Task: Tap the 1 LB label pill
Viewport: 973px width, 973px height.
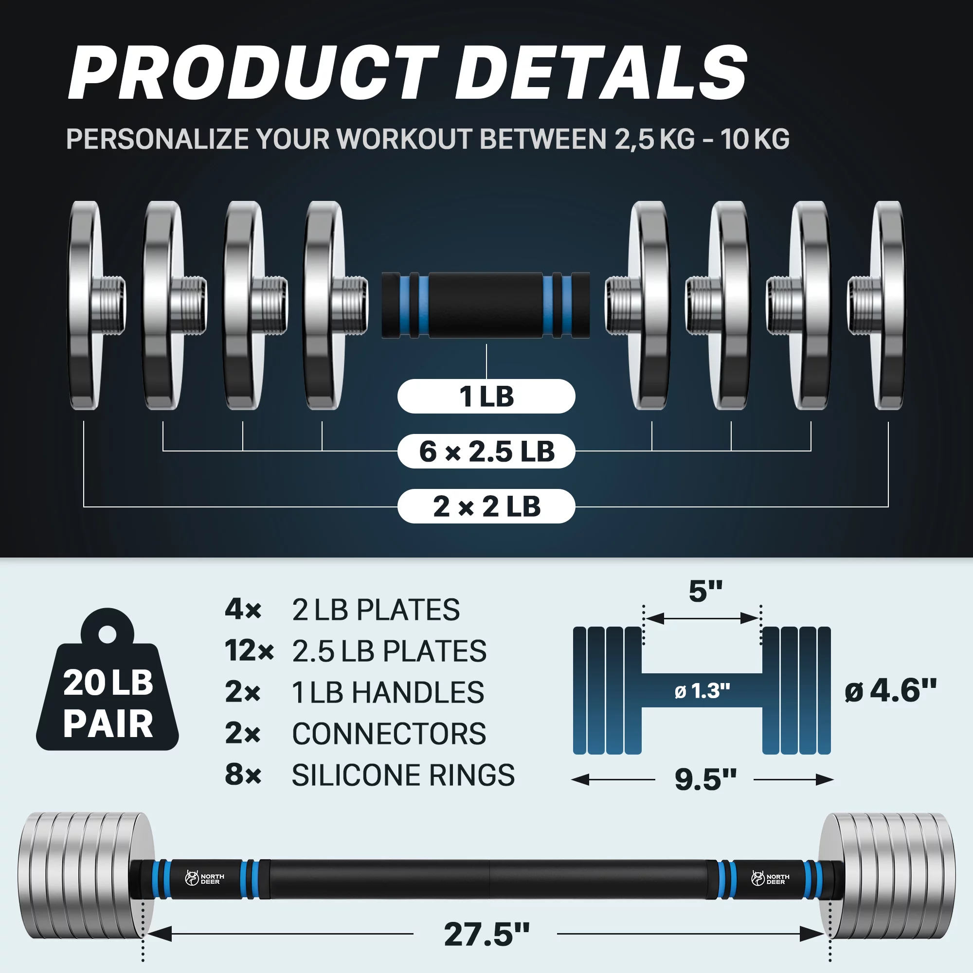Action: point(486,396)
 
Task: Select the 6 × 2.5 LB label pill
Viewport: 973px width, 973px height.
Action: point(486,451)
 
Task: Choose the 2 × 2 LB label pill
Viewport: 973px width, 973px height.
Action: point(486,506)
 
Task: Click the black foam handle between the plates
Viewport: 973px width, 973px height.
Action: point(486,305)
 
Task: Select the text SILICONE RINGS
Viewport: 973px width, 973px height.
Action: point(403,775)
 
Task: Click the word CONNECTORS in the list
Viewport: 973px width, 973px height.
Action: point(389,733)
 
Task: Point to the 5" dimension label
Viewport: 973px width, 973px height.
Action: point(705,591)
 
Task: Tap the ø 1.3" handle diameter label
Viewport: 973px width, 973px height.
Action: point(702,691)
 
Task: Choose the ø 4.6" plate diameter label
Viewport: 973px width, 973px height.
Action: point(890,690)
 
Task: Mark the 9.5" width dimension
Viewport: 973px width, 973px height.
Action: point(705,779)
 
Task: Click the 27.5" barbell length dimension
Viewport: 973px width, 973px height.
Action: point(486,934)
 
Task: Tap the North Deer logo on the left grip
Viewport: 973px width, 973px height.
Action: point(204,878)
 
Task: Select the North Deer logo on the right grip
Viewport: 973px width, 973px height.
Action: point(770,878)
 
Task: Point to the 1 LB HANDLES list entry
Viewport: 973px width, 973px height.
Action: point(388,692)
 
